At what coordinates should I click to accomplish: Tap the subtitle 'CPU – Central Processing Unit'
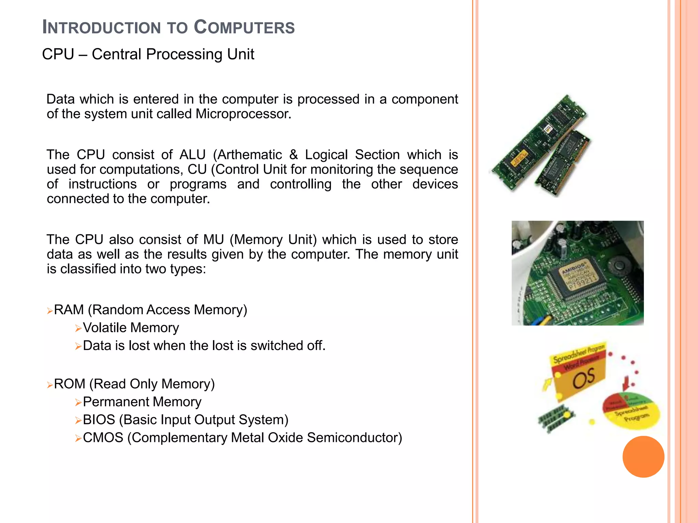148,54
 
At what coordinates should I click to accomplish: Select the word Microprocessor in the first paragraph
243,114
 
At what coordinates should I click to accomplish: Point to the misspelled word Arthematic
249,155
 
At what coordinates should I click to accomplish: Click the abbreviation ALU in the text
193,155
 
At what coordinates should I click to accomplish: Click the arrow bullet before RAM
50,311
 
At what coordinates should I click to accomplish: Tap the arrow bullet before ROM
50,385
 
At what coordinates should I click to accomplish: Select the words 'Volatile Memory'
131,328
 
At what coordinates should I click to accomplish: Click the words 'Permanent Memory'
142,402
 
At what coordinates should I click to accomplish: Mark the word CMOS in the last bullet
103,438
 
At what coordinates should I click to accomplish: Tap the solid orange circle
643,457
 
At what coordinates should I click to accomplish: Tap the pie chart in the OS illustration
631,410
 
